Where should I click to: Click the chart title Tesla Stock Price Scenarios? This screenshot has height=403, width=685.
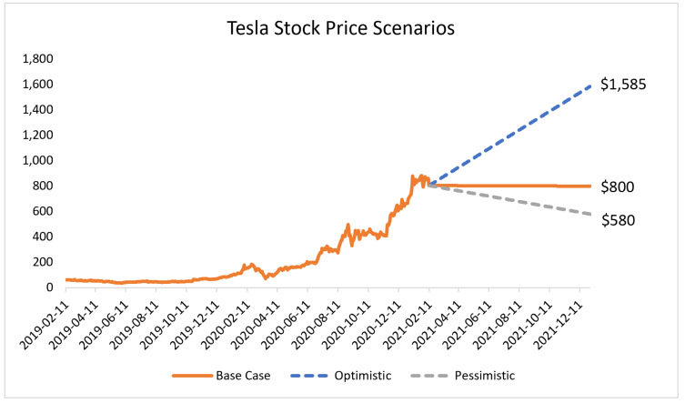pos(341,28)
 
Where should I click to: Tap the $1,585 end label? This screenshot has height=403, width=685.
pos(623,86)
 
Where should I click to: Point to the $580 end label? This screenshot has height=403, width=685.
pos(618,219)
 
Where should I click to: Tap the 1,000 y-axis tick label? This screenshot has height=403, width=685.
pos(38,160)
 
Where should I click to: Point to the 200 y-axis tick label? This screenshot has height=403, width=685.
pos(43,262)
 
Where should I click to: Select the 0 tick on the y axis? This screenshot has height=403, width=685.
pos(49,287)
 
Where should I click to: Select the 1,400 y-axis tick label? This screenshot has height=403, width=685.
pos(38,110)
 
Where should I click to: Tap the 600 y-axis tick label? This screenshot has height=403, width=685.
pos(43,211)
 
